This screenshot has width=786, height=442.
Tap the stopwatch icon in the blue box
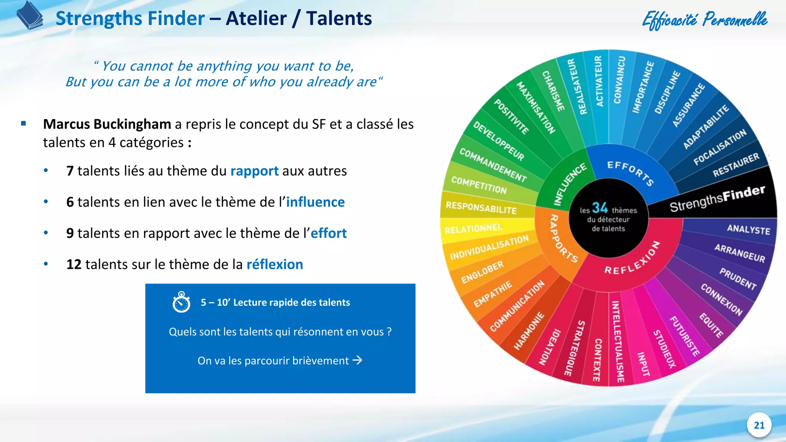pos(182,302)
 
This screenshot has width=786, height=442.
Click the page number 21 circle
pos(759,425)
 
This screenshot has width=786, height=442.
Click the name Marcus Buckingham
pos(107,124)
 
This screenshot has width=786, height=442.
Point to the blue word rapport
pos(254,171)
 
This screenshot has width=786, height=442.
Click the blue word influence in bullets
pos(315,202)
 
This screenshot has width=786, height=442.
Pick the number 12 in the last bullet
pos(74,264)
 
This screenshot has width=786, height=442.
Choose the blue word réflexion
pos(274,264)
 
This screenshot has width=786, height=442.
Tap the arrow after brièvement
pos(357,360)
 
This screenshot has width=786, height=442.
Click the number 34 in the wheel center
pos(600,208)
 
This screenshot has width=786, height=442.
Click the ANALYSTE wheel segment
pos(748,229)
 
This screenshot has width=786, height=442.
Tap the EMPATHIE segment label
pos(492,294)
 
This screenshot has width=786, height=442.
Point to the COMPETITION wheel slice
pos(479,185)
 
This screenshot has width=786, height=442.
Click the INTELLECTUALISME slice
pos(617,341)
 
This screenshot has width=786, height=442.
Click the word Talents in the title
pos(339,18)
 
